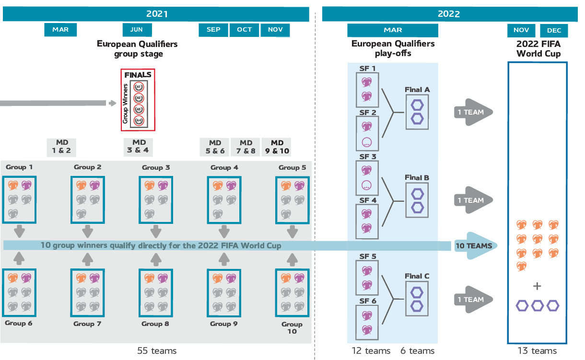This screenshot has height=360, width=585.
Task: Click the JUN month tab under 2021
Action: (x=137, y=30)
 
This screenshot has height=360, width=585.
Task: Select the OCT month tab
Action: (x=244, y=30)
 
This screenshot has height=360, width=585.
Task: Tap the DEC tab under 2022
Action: (x=554, y=30)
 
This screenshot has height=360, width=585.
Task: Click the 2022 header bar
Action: (x=449, y=14)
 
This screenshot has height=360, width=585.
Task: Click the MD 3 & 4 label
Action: (x=139, y=146)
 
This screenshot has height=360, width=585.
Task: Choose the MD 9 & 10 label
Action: (x=277, y=146)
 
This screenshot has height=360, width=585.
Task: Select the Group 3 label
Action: (x=156, y=167)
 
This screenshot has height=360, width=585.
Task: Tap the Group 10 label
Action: (x=292, y=327)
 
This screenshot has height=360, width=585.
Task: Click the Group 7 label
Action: (x=87, y=324)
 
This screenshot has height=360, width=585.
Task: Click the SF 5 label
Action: (x=367, y=256)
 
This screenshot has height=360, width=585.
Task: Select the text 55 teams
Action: (x=157, y=351)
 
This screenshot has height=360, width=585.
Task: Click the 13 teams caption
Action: (x=537, y=351)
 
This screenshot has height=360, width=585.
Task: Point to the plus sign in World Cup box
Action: (x=537, y=286)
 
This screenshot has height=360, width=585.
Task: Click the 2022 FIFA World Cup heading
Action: (x=538, y=48)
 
